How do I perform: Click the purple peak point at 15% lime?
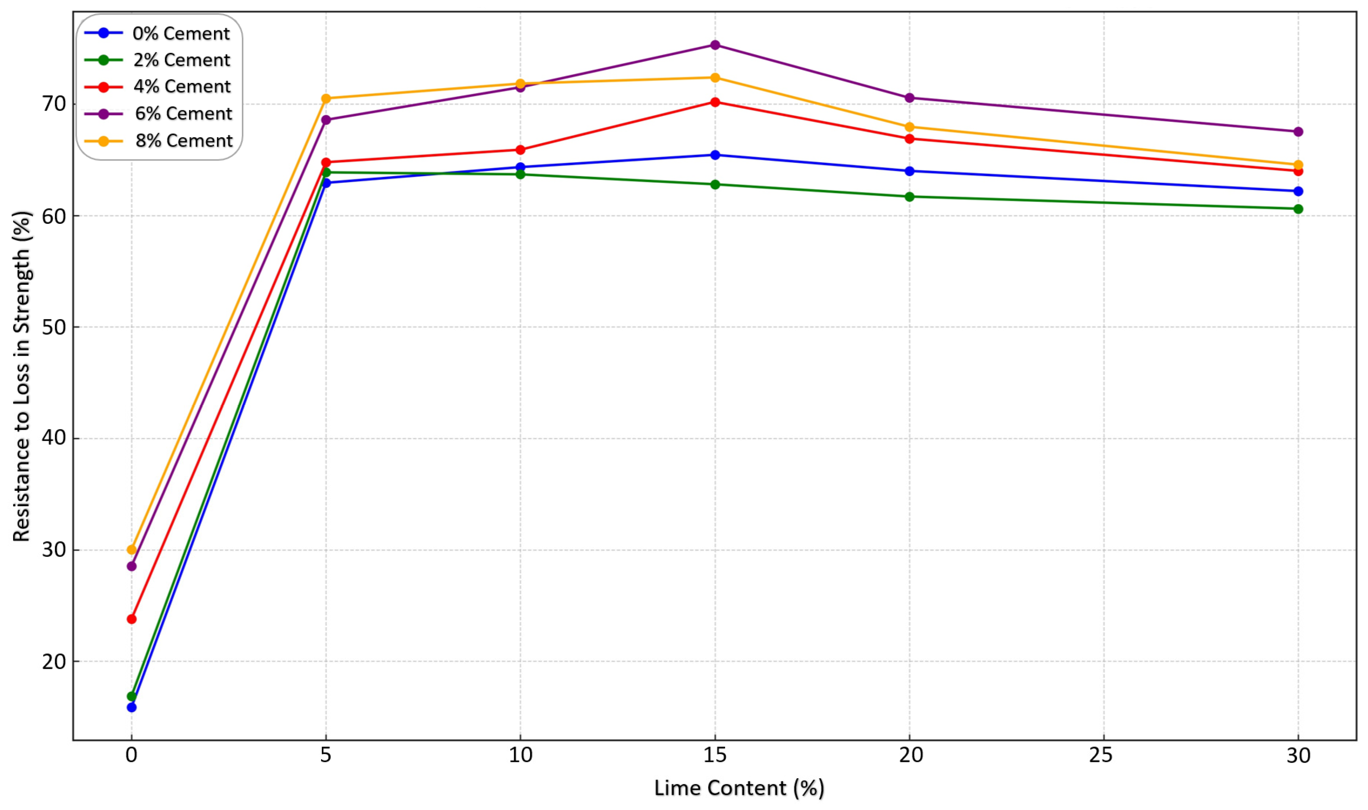(x=715, y=45)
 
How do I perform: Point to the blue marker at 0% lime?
(x=131, y=707)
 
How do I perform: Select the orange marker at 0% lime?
(x=131, y=549)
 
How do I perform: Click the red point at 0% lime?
(x=131, y=619)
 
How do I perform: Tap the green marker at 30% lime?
(x=1298, y=209)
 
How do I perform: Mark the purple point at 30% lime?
(x=1298, y=132)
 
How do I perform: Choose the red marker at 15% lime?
(x=715, y=102)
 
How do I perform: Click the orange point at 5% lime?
(x=326, y=99)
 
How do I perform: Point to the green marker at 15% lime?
(x=715, y=185)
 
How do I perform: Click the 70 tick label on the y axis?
(x=54, y=104)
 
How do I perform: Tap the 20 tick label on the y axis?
(x=54, y=661)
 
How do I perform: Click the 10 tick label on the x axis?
(x=520, y=755)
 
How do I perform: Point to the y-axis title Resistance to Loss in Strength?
(x=22, y=377)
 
